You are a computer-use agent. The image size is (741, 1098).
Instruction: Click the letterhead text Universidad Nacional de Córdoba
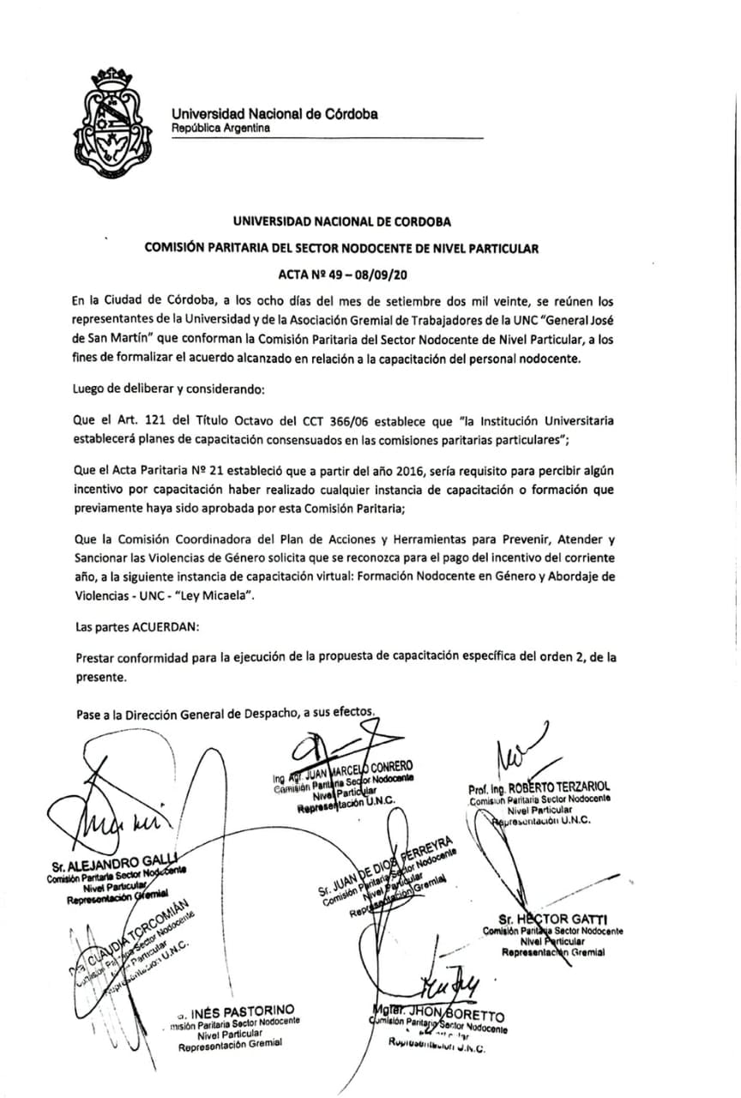tap(274, 114)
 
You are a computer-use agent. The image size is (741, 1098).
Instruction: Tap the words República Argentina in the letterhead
tap(220, 129)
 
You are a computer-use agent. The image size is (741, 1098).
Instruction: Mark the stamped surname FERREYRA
tap(420, 850)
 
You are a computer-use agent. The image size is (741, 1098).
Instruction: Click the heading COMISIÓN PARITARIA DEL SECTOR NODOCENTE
tap(341, 249)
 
